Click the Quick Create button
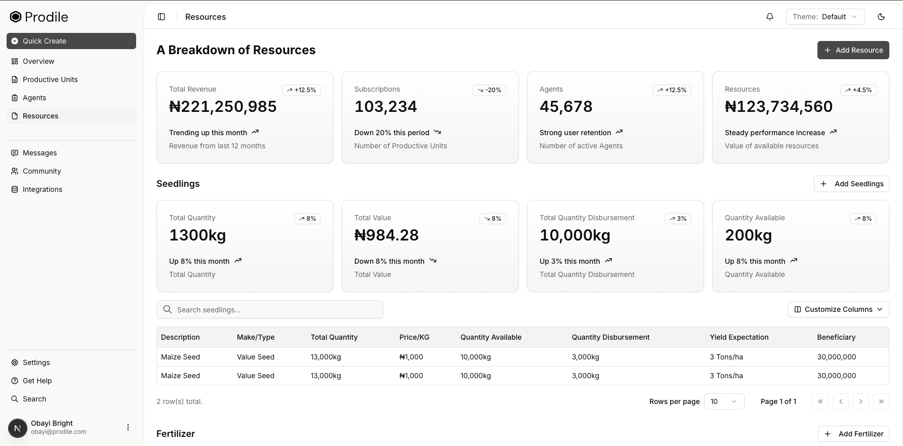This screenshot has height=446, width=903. [x=71, y=41]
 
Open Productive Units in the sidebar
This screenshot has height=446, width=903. [x=50, y=79]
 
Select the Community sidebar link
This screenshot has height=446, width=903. [x=42, y=171]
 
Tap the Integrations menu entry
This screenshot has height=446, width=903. [x=43, y=189]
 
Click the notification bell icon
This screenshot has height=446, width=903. [x=770, y=17]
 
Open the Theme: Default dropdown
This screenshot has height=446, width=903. [x=825, y=17]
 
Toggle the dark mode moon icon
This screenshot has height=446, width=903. [x=881, y=17]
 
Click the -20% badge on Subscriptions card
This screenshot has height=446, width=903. [x=489, y=90]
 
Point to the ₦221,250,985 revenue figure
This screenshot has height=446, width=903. [x=223, y=107]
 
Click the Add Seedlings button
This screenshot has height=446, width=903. [x=851, y=184]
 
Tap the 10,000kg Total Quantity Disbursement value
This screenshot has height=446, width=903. [x=575, y=235]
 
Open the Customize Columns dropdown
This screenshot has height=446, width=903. [x=838, y=309]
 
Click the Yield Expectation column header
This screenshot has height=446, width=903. [x=739, y=337]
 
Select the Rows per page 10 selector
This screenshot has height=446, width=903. [x=724, y=401]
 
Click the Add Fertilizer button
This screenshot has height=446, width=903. [x=853, y=434]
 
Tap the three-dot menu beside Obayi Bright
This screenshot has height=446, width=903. [x=128, y=427]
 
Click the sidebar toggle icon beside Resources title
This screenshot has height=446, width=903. [x=161, y=17]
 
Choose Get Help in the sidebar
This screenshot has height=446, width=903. [x=37, y=381]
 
